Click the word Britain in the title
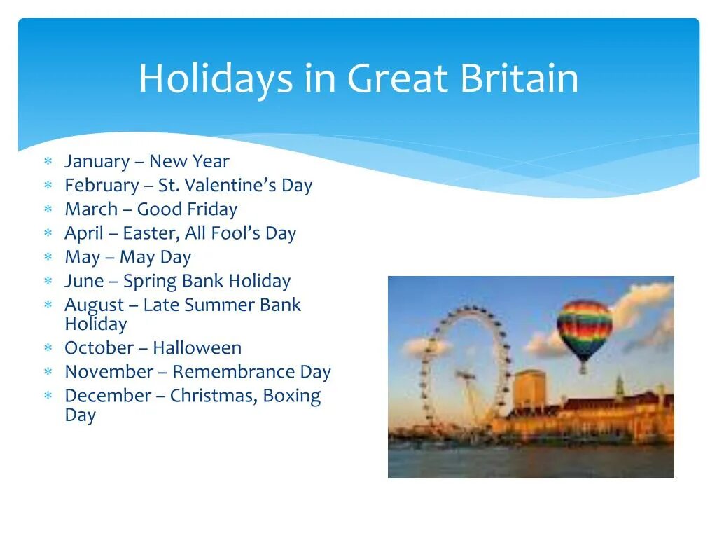pyautogui.click(x=520, y=78)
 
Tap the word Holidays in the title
pyautogui.click(x=216, y=78)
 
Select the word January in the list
pyautogui.click(x=97, y=162)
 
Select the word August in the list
pyautogui.click(x=94, y=305)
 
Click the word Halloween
pyautogui.click(x=197, y=348)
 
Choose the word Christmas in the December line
pyautogui.click(x=213, y=396)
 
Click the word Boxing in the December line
pyautogui.click(x=292, y=396)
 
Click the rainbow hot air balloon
pyautogui.click(x=584, y=327)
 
